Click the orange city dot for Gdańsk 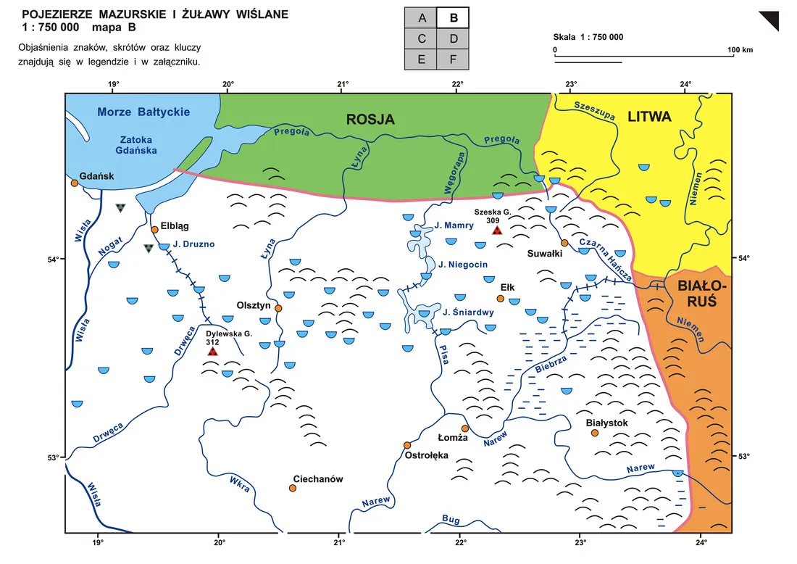click(x=74, y=183)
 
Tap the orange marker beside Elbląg click(x=154, y=230)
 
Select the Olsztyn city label click(x=254, y=306)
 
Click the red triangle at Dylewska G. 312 click(x=213, y=352)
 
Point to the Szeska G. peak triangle click(x=497, y=231)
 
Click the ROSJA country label click(x=370, y=120)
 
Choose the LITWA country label click(x=649, y=116)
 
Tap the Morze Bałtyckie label click(x=143, y=112)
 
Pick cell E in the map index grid click(x=421, y=59)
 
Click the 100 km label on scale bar click(x=740, y=50)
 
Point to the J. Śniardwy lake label click(x=468, y=313)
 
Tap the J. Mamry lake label click(x=454, y=225)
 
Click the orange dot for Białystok click(x=595, y=433)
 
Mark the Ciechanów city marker click(x=293, y=488)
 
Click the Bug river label click(x=450, y=519)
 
